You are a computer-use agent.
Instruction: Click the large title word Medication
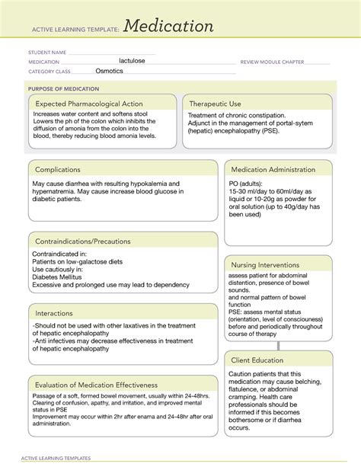168,27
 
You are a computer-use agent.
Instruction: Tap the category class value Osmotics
113,70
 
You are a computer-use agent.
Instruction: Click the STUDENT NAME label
48,53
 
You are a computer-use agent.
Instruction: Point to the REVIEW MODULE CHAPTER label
272,62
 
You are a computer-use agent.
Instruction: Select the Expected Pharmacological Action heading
90,103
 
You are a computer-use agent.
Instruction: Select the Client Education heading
257,360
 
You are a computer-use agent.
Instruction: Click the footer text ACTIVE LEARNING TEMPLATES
59,458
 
